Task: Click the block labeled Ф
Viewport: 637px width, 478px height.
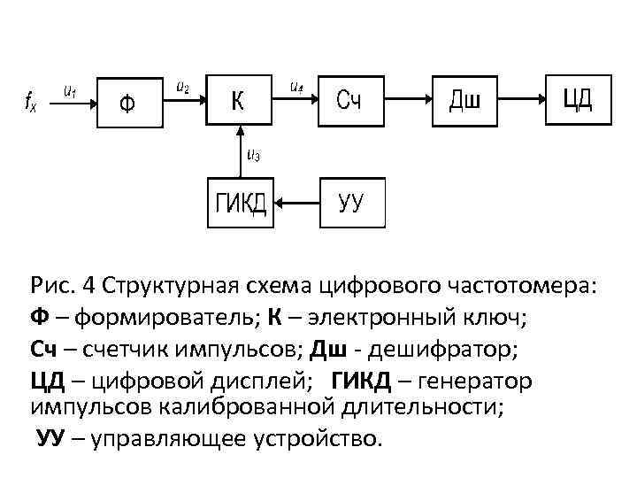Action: click(x=129, y=102)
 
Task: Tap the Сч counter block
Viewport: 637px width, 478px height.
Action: click(x=349, y=100)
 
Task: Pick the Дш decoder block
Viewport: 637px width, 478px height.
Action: click(x=465, y=100)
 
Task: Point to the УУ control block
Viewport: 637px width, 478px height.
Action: click(x=349, y=204)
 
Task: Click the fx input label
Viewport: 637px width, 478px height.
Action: click(x=30, y=101)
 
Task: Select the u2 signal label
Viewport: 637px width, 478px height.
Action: click(x=182, y=87)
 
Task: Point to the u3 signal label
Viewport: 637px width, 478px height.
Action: click(x=253, y=157)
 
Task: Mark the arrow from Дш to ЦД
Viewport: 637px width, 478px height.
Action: click(x=523, y=100)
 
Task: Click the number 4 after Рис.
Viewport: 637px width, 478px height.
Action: click(x=88, y=287)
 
